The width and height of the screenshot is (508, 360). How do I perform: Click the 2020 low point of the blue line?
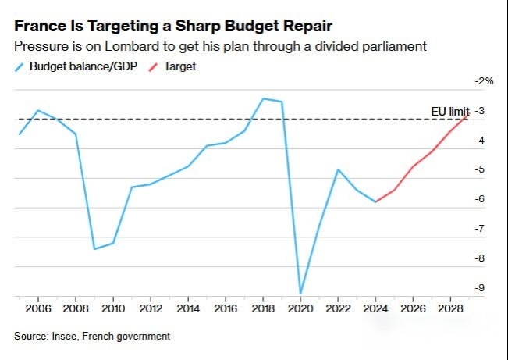[300, 294]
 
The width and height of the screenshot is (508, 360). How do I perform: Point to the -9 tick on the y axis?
[480, 288]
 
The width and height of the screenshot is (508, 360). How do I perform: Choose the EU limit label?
[450, 112]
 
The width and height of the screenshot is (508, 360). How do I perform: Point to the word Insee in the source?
[66, 337]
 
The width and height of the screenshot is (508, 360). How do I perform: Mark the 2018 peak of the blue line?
[263, 98]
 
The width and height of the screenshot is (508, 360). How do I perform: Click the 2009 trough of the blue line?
[94, 249]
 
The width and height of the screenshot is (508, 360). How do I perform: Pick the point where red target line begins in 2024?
[376, 201]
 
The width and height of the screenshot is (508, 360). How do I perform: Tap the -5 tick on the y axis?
[480, 169]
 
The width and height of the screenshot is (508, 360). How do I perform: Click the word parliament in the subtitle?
[398, 46]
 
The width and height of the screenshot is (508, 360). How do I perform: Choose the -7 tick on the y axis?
[480, 229]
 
